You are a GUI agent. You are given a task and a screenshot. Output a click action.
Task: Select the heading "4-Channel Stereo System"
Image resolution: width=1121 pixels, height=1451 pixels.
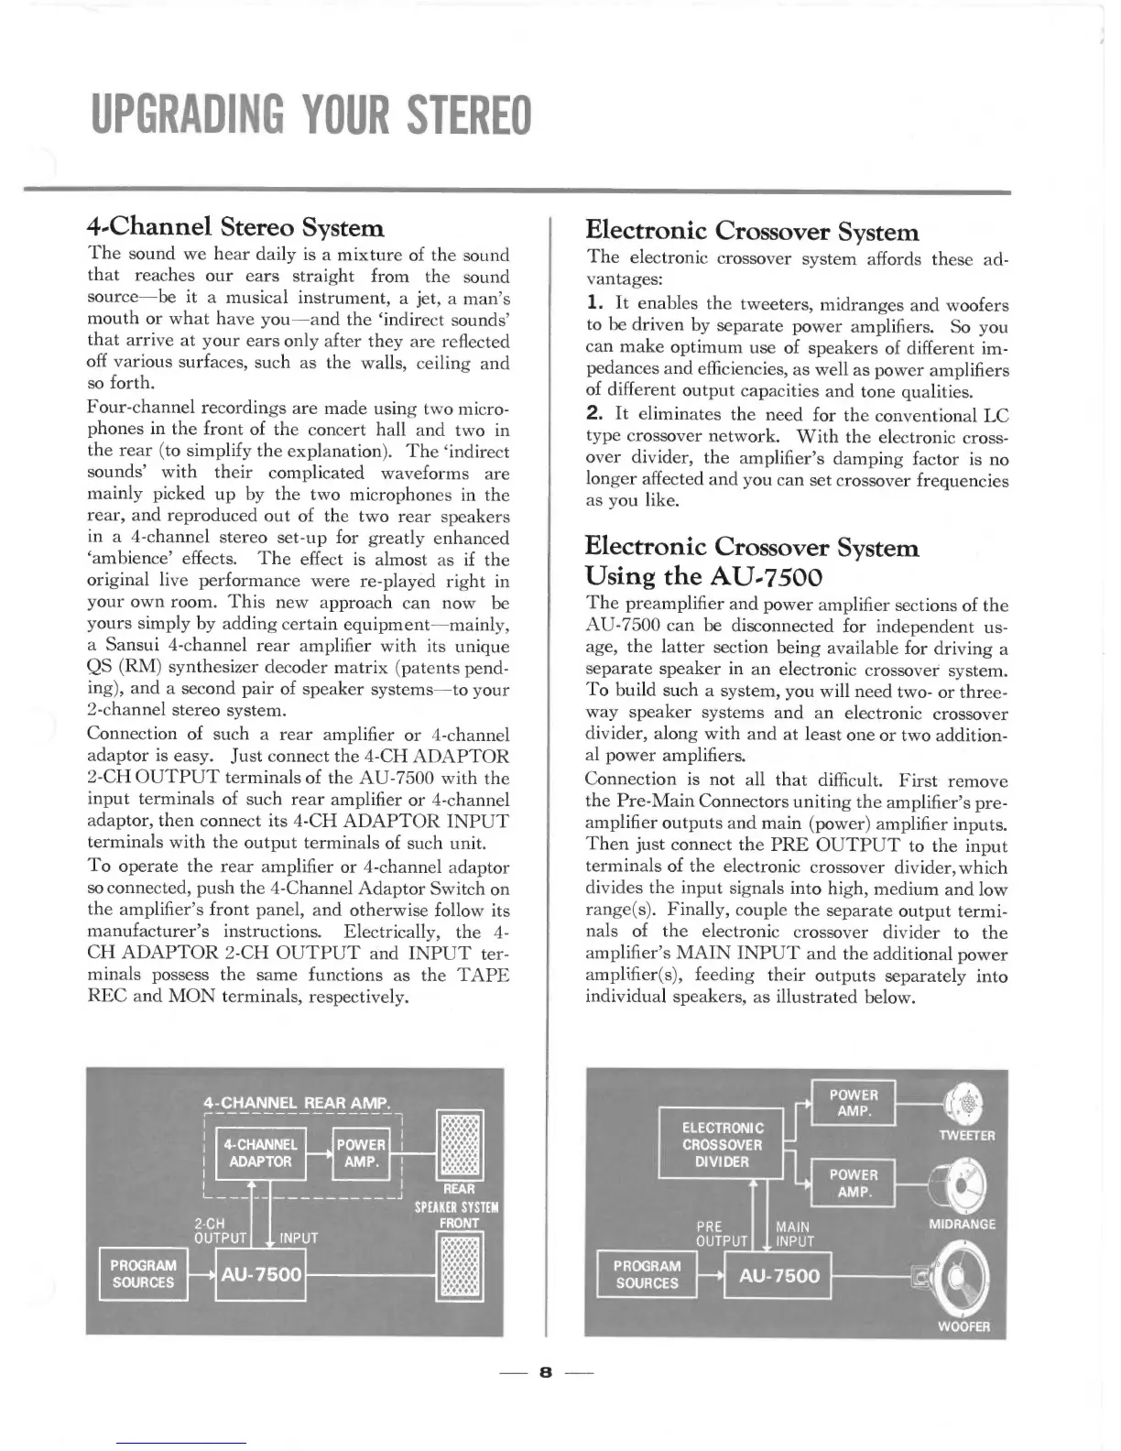click(x=234, y=226)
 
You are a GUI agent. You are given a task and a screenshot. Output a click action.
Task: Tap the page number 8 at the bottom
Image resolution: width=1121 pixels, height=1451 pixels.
click(x=547, y=1371)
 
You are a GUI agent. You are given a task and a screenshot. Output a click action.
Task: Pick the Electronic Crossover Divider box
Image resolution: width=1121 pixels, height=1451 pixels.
click(x=723, y=1145)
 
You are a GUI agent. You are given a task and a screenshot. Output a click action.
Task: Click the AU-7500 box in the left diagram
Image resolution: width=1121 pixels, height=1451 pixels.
click(x=260, y=1274)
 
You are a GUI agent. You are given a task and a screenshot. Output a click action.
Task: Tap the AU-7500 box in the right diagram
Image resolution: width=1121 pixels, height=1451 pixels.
click(x=778, y=1276)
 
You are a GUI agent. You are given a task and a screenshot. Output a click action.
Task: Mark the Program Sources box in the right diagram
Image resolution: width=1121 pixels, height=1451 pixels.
click(x=647, y=1274)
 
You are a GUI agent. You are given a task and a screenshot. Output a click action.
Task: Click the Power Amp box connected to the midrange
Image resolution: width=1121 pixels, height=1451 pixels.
click(x=854, y=1183)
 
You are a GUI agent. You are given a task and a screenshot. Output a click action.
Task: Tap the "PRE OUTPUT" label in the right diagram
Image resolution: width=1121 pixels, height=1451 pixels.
click(x=723, y=1233)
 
